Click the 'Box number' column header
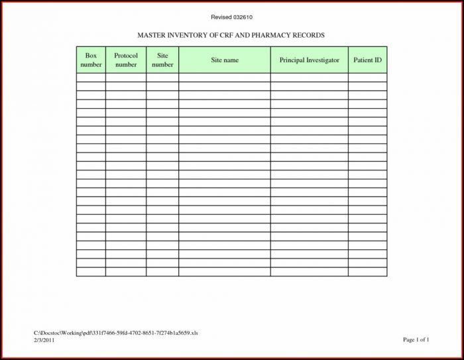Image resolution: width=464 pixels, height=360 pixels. click(x=91, y=60)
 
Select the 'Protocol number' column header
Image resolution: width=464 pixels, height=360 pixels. click(x=126, y=60)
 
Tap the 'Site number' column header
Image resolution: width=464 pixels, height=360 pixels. click(x=162, y=60)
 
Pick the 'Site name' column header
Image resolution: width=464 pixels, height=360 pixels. click(x=225, y=60)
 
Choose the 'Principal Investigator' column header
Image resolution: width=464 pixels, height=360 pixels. click(x=309, y=60)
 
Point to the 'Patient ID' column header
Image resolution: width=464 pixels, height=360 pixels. click(x=367, y=60)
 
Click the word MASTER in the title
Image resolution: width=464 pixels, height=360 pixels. click(x=152, y=34)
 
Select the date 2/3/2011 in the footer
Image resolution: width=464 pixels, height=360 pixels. click(x=44, y=339)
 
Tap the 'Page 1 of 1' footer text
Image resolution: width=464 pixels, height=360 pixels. click(x=416, y=339)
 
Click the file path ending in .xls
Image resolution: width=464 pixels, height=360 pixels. click(x=116, y=332)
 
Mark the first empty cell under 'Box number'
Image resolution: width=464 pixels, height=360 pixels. click(x=91, y=78)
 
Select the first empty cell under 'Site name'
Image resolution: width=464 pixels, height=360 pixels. click(x=225, y=78)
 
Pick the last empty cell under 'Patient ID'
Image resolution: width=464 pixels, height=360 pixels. click(x=367, y=271)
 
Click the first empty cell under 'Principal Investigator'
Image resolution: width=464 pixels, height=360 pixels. click(x=309, y=78)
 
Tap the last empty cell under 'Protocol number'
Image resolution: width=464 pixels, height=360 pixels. click(x=126, y=271)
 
